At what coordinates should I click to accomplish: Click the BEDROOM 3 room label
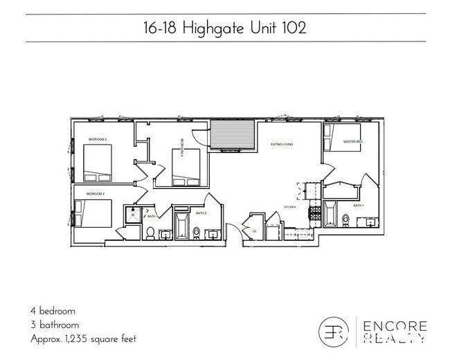pos(97,140)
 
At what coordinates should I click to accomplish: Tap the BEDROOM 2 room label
pos(95,194)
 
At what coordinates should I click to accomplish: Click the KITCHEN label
pos(291,207)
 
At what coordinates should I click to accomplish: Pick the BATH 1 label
pos(358,206)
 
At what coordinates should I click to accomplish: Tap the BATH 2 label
pos(201,213)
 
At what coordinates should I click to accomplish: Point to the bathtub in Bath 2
pos(182,226)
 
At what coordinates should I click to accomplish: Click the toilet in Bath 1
pos(345,221)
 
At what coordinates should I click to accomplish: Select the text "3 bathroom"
pos(55,324)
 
